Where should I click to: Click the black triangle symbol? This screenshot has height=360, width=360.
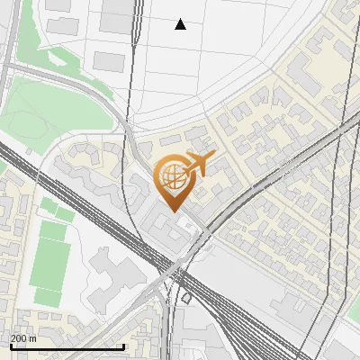180,24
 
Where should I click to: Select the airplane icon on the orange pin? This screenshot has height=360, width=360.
200,164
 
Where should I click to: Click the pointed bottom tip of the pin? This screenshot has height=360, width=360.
173,211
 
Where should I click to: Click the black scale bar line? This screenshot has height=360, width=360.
67,346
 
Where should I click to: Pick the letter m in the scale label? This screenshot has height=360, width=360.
33,338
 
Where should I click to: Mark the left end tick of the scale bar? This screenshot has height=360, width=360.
10,345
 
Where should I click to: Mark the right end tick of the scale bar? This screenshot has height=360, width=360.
123,345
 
